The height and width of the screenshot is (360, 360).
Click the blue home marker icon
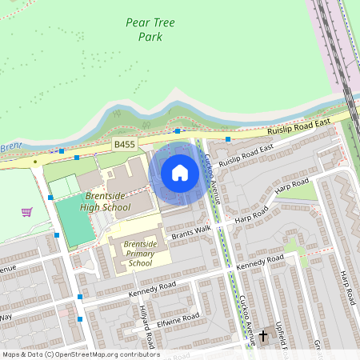tap(180, 173)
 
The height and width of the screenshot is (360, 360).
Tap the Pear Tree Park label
tap(150, 30)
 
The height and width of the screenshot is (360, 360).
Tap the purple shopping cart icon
tap(27, 212)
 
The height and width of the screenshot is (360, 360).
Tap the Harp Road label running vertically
tap(346, 282)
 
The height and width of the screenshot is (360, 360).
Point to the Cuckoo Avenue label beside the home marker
tap(211, 172)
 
